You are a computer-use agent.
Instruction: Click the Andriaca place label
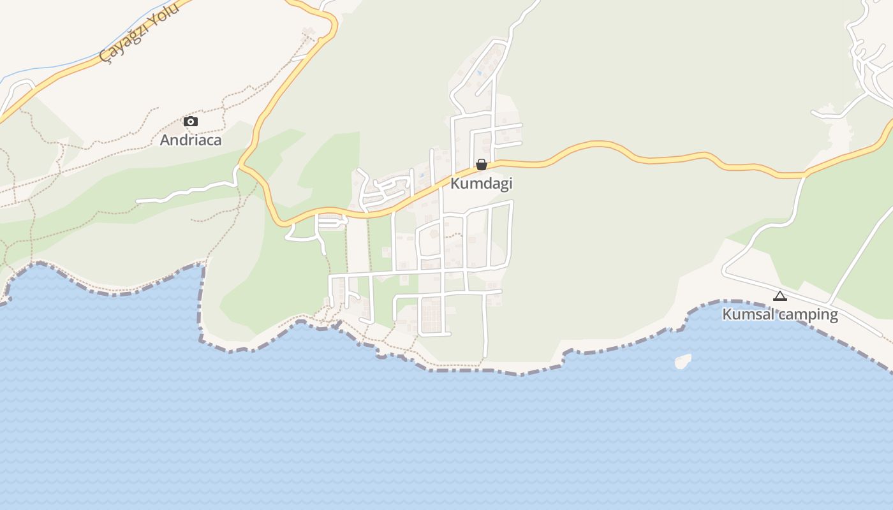click(191, 140)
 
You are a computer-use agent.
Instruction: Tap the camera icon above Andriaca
click(191, 121)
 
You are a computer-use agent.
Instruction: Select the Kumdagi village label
click(482, 184)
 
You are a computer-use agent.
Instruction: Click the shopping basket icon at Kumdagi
click(482, 165)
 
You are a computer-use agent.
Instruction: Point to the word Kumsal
click(748, 314)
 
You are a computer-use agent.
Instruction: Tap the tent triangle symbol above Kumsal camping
click(780, 296)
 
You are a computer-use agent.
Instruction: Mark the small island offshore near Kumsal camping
click(683, 361)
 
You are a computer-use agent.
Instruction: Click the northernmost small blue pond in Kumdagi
click(479, 73)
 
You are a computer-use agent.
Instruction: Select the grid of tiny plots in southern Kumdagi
click(432, 316)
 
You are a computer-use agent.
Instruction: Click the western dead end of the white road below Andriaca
click(138, 201)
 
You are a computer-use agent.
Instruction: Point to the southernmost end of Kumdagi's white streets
click(485, 355)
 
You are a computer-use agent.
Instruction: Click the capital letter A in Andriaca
click(165, 140)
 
